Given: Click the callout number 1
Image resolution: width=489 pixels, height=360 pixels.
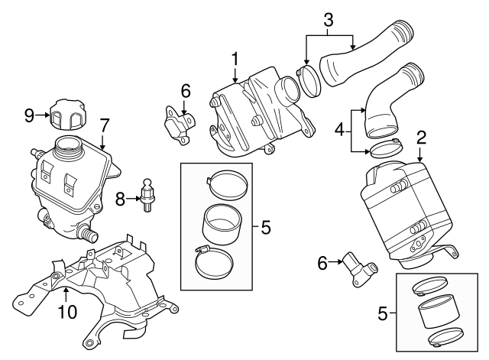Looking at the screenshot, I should (235, 58).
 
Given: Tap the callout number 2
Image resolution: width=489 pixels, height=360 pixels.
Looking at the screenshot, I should (420, 138).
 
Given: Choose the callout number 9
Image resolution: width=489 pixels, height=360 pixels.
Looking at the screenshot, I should (29, 115).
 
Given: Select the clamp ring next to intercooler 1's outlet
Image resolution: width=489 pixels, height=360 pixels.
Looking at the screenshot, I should (308, 83).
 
